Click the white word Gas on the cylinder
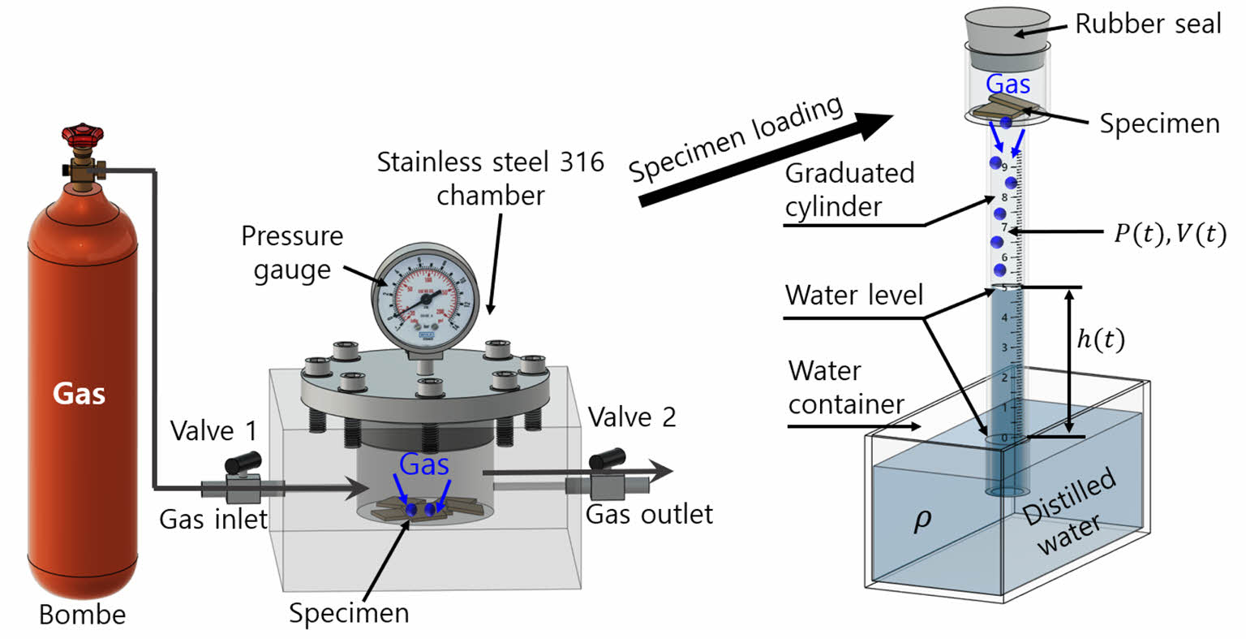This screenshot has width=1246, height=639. pos(79,394)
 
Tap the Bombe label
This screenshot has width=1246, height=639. pos(82,615)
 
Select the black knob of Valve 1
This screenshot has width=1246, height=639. pos(243,463)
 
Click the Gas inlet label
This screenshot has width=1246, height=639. pos(213,518)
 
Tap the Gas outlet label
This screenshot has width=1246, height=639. pos(649,514)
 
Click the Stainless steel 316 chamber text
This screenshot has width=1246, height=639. pos(491,179)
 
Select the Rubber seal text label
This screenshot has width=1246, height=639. pos(1147,24)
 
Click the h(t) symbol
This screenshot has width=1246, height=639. pos(1100,341)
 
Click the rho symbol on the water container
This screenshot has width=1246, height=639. pos(922,520)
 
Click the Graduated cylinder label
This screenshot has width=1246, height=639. pos(849,189)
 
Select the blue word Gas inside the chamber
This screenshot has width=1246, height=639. pos(424,465)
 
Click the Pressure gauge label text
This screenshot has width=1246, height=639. pos(292,253)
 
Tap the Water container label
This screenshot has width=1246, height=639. pos(845,387)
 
